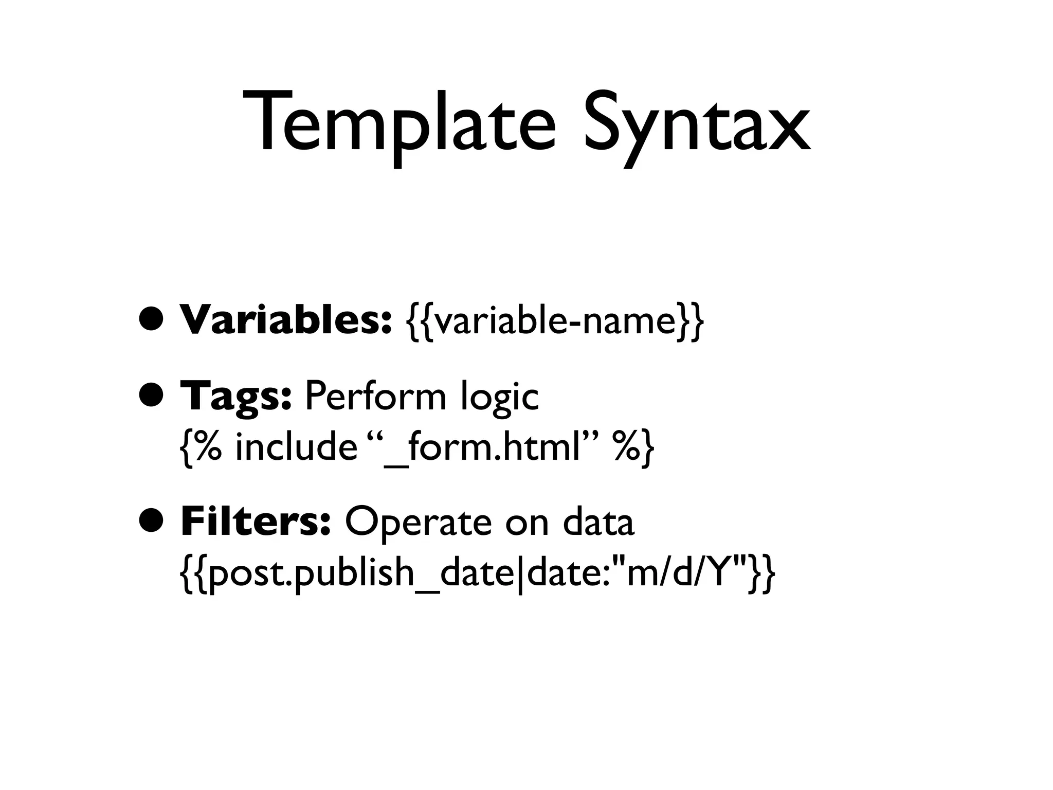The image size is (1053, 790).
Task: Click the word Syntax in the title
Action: coord(697,126)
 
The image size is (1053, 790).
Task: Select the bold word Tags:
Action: coord(237,398)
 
